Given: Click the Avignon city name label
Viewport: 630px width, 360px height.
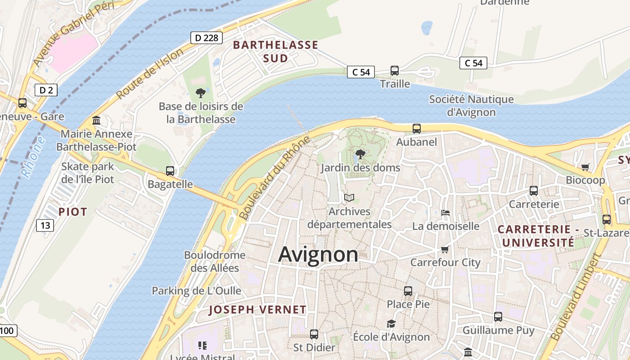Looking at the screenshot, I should tap(318, 254).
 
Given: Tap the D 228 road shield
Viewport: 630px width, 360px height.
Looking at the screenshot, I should tap(207, 38).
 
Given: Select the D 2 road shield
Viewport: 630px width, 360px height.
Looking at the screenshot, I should tap(46, 90).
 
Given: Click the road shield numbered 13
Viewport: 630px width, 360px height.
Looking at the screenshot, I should tap(45, 225).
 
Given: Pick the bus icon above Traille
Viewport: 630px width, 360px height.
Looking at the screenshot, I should tap(395, 71).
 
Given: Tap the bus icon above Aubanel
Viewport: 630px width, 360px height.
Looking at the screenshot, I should tap(417, 129).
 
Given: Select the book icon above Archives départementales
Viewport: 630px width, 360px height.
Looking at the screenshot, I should tap(349, 198).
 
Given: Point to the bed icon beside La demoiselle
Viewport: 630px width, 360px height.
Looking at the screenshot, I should tap(445, 212).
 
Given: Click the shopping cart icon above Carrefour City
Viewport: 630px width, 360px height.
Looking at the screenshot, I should tap(445, 249).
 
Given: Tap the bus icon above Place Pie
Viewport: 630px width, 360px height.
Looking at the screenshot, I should tap(408, 291).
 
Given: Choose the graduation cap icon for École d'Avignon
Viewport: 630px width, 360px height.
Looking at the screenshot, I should tap(391, 324).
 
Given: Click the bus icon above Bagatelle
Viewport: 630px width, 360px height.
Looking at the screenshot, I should tap(170, 171).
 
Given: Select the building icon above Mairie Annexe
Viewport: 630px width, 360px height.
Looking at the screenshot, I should tap(96, 121).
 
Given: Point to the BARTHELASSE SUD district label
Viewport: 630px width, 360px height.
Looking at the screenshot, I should tap(275, 51).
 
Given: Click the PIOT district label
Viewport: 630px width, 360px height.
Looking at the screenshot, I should tap(73, 212).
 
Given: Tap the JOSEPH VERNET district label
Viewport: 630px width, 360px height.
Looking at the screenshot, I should tap(258, 310).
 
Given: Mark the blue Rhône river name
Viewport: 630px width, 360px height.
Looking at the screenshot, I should tap(33, 157).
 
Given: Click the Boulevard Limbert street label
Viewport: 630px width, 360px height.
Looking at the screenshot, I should tap(576, 297).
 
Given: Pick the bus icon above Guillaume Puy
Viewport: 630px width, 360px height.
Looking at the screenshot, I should tap(498, 317).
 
